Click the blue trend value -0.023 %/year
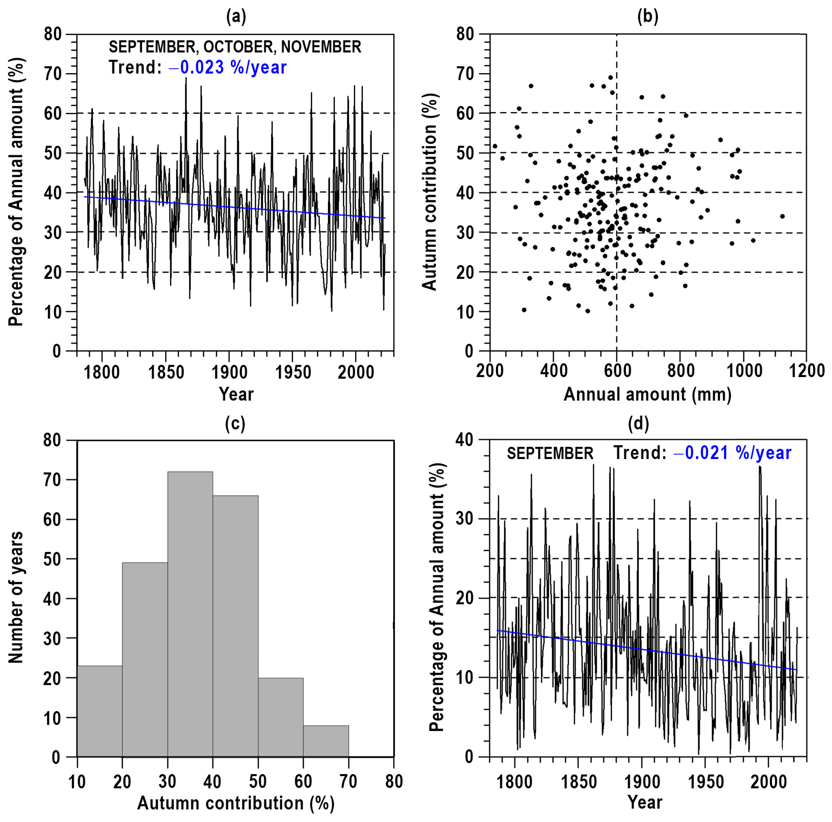pos(227,68)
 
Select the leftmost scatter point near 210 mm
pos(495,146)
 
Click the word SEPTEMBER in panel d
pos(550,454)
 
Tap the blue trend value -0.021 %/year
pos(732,453)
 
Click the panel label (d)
pos(638,424)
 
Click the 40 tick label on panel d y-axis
pos(464,440)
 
